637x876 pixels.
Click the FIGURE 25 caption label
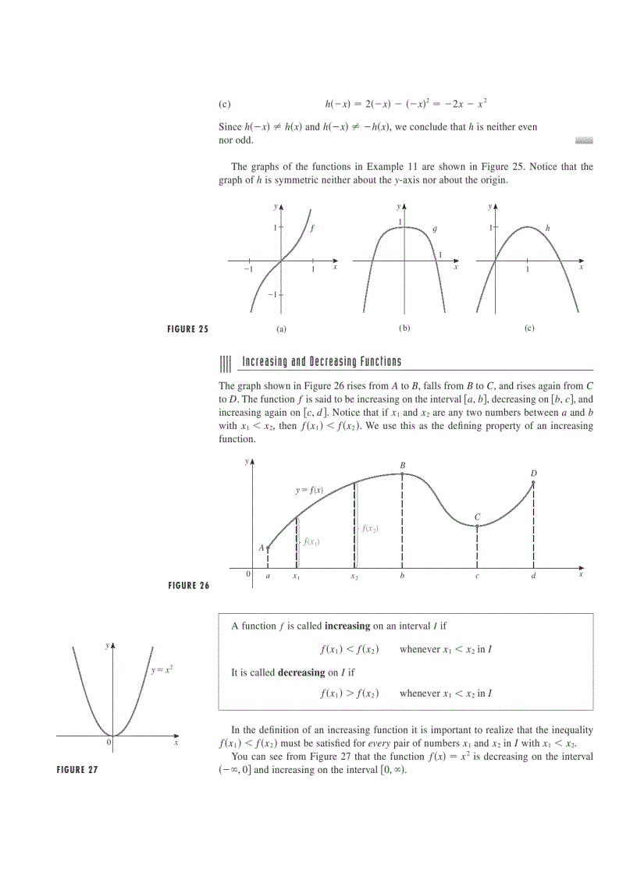(188, 329)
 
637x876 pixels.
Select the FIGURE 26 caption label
(189, 587)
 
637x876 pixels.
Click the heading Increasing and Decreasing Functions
(322, 362)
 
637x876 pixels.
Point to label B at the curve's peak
(403, 466)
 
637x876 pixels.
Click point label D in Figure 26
(534, 473)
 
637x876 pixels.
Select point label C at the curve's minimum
(477, 516)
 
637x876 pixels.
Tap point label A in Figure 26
(262, 548)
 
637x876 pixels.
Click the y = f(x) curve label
(309, 491)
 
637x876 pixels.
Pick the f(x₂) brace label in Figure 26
(369, 529)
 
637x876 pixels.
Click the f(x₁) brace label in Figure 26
(311, 542)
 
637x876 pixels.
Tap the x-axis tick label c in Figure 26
(477, 576)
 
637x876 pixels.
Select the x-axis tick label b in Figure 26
(402, 576)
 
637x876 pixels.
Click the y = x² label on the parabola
(162, 670)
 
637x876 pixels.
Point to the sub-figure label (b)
(404, 328)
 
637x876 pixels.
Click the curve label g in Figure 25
(435, 229)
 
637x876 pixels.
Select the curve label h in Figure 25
(547, 228)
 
